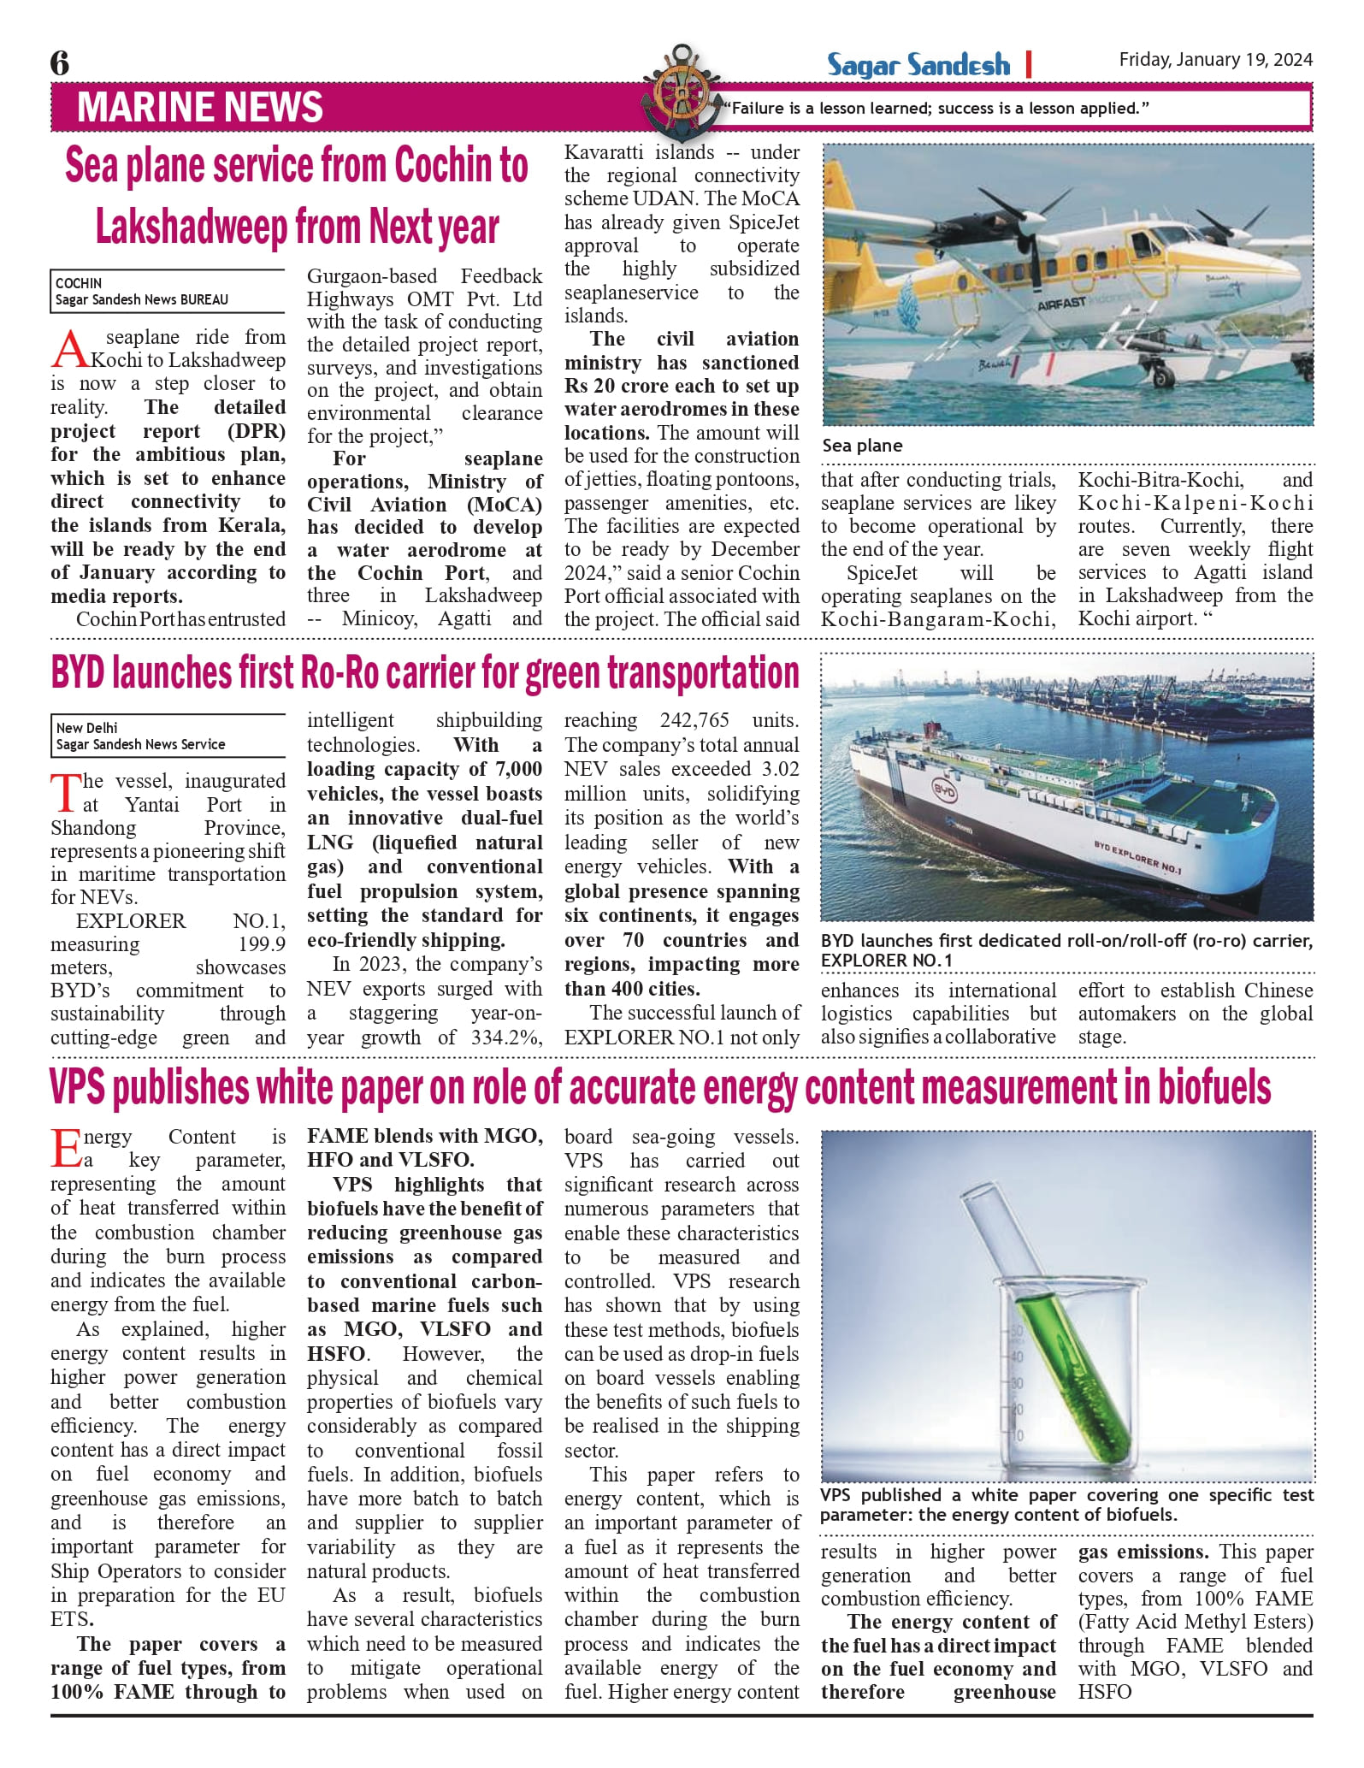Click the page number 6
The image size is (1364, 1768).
60,63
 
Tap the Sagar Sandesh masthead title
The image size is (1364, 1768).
918,65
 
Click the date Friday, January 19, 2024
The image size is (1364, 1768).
1215,60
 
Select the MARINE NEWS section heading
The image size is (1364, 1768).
200,108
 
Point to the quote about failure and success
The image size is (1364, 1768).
936,109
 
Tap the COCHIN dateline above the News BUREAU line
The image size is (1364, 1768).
79,283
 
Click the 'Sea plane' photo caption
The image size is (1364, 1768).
862,446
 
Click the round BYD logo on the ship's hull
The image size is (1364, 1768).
943,791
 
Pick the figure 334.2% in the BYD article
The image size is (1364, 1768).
509,1038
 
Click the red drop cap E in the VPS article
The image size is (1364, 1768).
66,1149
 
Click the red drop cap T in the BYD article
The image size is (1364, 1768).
65,793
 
